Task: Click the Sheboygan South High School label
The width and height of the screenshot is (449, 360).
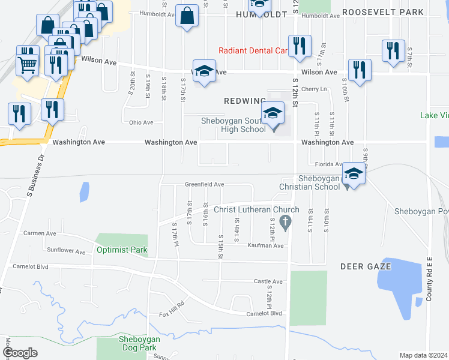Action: point(234,125)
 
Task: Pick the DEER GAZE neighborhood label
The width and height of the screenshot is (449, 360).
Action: point(361,266)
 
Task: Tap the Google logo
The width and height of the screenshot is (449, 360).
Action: point(20,353)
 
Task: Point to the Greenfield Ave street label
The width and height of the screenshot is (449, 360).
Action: point(204,184)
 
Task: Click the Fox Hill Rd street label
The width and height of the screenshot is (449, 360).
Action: point(171,314)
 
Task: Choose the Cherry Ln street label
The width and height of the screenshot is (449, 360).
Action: point(315,89)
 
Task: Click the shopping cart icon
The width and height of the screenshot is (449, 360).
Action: point(27,64)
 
